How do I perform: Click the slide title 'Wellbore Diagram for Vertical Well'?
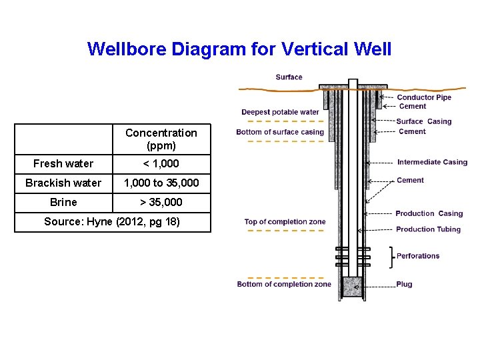pos(239,49)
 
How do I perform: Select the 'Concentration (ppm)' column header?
pos(161,139)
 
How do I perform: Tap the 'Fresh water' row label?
pos(63,163)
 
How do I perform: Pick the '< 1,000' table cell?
pos(161,163)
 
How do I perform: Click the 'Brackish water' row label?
pos(63,183)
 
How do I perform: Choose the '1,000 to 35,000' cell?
pos(161,183)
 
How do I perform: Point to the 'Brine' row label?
pos(63,202)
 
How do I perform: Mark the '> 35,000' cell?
pos(161,202)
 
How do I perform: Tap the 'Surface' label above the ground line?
pos(289,77)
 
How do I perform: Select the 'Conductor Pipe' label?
pos(424,97)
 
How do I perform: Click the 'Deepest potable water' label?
pos(280,112)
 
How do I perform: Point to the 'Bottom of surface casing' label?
pos(279,132)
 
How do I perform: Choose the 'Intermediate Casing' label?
pos(432,162)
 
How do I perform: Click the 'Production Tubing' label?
pos(428,229)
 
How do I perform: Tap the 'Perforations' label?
pos(418,256)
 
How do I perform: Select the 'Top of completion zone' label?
pos(285,222)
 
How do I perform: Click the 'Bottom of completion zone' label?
pos(284,284)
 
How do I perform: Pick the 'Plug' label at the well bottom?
pos(404,284)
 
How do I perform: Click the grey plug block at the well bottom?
pos(353,287)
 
